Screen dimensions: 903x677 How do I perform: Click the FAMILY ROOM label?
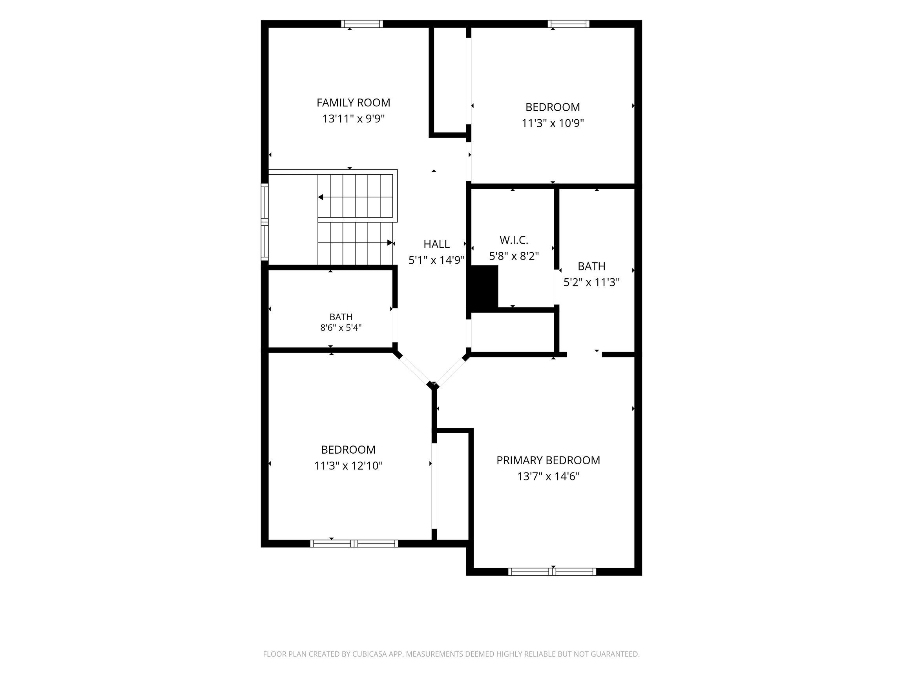353,102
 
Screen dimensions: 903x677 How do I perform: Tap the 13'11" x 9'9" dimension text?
354,119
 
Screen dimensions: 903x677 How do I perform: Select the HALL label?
436,244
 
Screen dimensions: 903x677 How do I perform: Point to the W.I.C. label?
514,240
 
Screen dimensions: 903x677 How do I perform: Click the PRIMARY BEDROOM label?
548,460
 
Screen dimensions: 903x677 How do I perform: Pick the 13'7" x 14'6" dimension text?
548,476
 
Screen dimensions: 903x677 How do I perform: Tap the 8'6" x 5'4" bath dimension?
341,327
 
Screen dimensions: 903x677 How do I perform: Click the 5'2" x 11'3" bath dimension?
591,282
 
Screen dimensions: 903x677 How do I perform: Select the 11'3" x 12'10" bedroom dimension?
348,466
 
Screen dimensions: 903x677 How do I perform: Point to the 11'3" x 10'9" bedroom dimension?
553,123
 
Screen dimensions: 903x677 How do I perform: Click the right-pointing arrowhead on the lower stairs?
390,243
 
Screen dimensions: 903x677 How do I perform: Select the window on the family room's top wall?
362,24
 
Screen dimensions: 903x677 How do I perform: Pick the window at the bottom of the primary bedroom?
552,572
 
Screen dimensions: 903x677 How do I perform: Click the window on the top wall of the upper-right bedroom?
569,24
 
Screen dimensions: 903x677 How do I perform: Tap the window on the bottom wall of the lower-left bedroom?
354,544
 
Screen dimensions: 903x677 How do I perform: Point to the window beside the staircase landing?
265,222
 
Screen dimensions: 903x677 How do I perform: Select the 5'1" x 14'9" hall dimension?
436,261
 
